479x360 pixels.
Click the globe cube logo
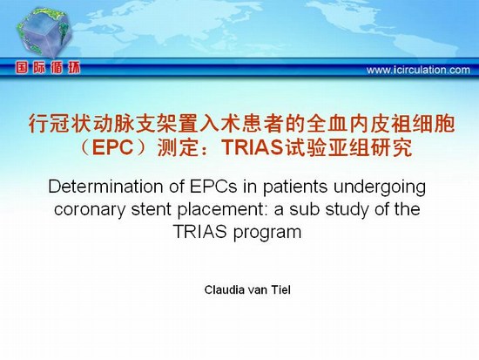[44, 33]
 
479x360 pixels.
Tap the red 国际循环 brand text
[48, 68]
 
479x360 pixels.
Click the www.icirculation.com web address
[418, 70]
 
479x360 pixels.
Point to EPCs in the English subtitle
[213, 187]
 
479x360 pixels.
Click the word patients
[295, 187]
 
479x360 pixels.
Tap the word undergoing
[380, 187]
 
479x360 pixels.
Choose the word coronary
[89, 210]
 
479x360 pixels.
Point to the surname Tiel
[280, 289]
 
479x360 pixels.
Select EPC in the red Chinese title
[112, 147]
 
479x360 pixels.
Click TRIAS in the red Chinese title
[253, 147]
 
